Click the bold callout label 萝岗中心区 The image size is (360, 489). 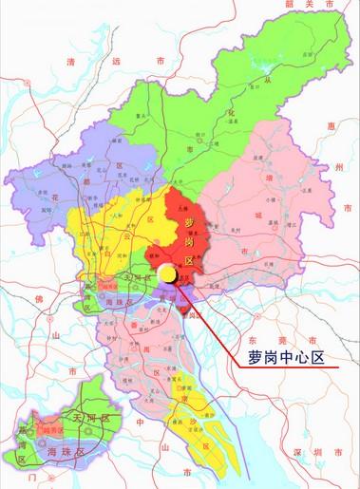(x=286, y=359)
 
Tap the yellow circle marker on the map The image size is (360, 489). (x=166, y=274)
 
